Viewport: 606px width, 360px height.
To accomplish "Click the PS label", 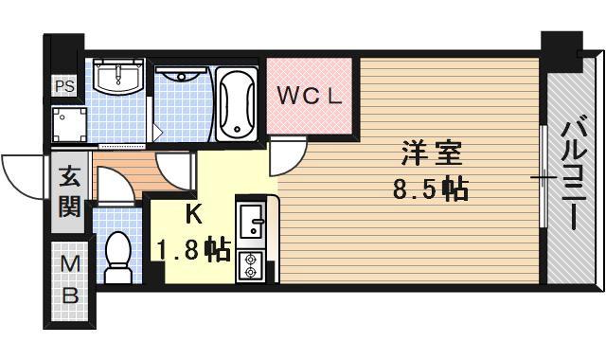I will [64, 86].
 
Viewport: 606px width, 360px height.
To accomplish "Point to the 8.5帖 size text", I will [430, 189].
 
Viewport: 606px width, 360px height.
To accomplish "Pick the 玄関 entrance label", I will [68, 190].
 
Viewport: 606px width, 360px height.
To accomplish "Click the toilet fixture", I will [118, 257].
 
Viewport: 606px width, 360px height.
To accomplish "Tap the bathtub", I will [237, 103].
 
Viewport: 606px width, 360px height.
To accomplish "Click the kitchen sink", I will [253, 225].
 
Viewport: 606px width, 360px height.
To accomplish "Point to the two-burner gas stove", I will [253, 266].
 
